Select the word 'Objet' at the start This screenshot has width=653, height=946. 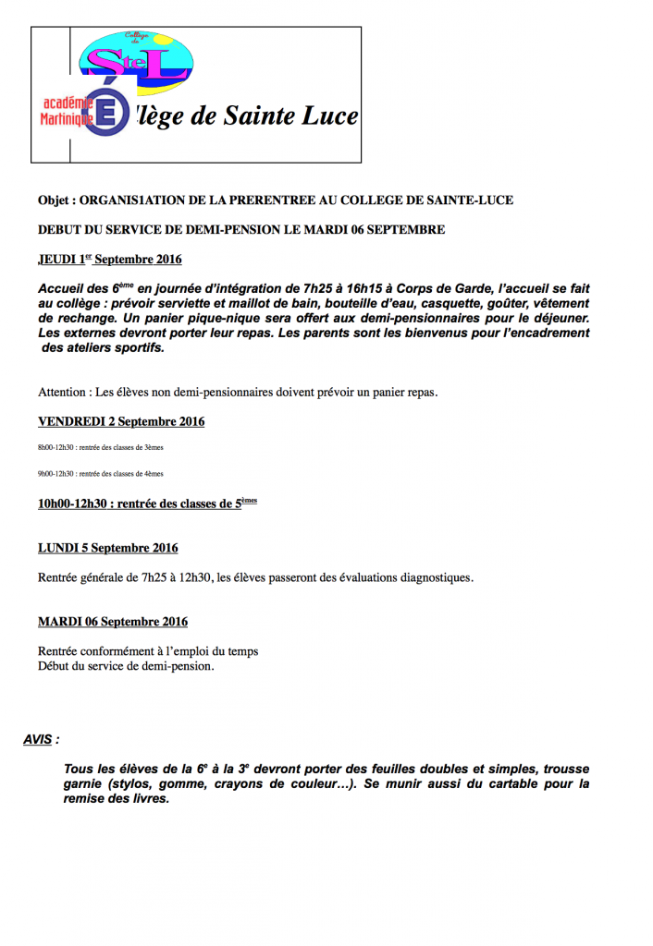coord(55,200)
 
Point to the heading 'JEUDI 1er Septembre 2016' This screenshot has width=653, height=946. coord(110,260)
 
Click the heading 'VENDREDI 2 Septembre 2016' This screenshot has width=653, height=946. coord(121,421)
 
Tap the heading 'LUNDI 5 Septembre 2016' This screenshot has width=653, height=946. coord(108,548)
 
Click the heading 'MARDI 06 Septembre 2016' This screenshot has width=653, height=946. coord(113,622)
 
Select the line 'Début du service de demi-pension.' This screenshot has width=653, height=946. coord(126,665)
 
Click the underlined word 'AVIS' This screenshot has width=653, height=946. coord(38,739)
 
